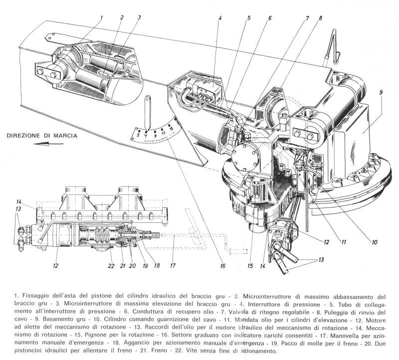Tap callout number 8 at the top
coord(321,18)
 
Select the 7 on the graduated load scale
coord(146,135)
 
